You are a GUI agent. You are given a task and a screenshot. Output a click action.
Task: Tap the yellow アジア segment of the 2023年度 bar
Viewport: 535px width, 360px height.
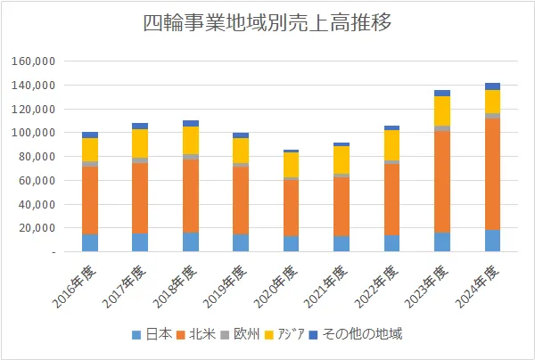pyautogui.click(x=442, y=110)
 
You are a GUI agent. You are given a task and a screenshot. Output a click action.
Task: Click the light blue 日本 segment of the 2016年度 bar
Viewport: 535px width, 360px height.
pyautogui.click(x=90, y=242)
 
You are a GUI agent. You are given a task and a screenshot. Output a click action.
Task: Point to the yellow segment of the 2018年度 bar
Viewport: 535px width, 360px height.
pyautogui.click(x=190, y=140)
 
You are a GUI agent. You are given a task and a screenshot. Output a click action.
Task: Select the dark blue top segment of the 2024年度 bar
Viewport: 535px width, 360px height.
pyautogui.click(x=492, y=86)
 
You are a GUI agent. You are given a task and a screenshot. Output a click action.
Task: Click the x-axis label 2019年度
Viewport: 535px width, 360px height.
pyautogui.click(x=226, y=283)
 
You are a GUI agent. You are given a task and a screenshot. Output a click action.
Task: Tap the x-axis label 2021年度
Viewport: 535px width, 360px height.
pyautogui.click(x=327, y=283)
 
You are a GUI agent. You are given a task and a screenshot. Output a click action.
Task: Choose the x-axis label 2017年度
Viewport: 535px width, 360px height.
pyautogui.click(x=126, y=283)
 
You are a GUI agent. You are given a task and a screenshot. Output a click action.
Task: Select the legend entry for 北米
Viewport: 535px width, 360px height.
pyautogui.click(x=201, y=335)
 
